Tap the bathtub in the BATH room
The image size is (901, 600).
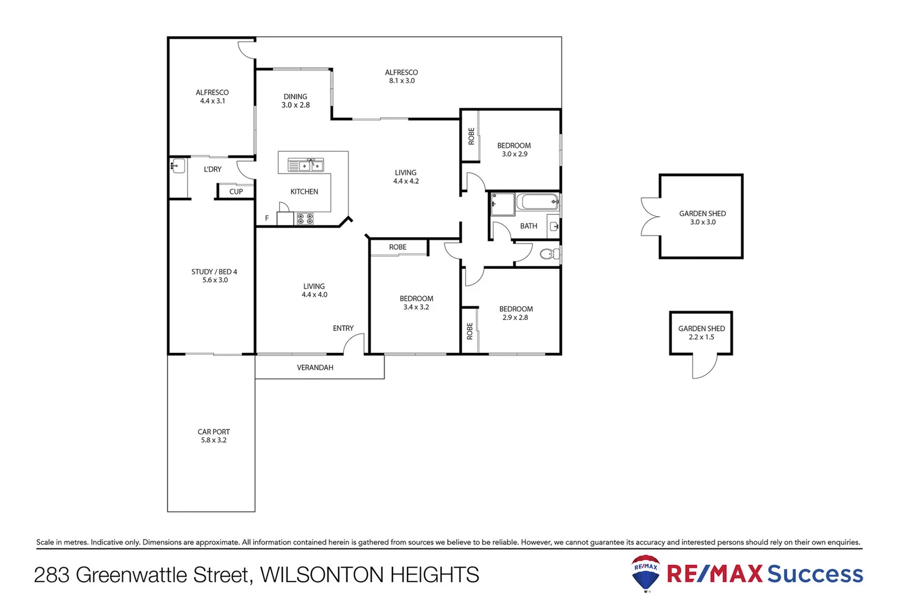tap(537, 202)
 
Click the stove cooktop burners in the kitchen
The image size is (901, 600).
tap(305, 219)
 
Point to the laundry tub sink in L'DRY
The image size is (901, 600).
tap(178, 166)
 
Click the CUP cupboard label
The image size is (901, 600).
tap(236, 192)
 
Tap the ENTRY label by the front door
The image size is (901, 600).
tap(343, 328)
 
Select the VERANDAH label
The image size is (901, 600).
tap(315, 368)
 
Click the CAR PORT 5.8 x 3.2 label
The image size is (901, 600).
tap(213, 436)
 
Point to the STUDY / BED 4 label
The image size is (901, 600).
tap(214, 276)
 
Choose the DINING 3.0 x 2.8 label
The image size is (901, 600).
tap(295, 101)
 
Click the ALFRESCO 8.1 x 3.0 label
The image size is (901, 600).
tap(401, 76)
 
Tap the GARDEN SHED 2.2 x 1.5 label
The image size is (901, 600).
tap(701, 332)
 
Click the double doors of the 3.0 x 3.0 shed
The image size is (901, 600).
tap(650, 217)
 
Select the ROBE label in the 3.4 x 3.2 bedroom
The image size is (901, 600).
tap(397, 247)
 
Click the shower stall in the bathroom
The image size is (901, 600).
tap(502, 204)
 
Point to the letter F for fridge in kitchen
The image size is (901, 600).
tap(267, 218)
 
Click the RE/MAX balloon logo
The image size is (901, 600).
tap(646, 573)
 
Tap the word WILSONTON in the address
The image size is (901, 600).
tap(322, 575)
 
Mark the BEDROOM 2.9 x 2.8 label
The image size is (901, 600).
tap(515, 313)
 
